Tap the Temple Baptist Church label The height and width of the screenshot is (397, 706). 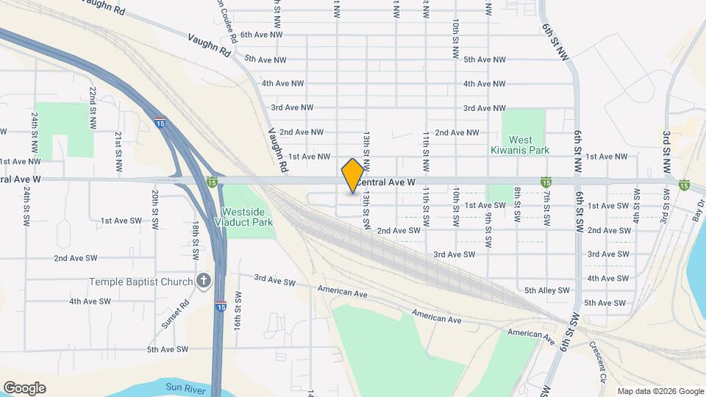point(140,282)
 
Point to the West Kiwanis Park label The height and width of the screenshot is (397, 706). point(521,145)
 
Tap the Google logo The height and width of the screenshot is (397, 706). point(24,387)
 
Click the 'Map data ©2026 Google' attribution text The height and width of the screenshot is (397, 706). point(660,391)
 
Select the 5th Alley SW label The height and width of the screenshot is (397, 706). point(547,290)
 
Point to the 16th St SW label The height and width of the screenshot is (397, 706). point(237,312)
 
